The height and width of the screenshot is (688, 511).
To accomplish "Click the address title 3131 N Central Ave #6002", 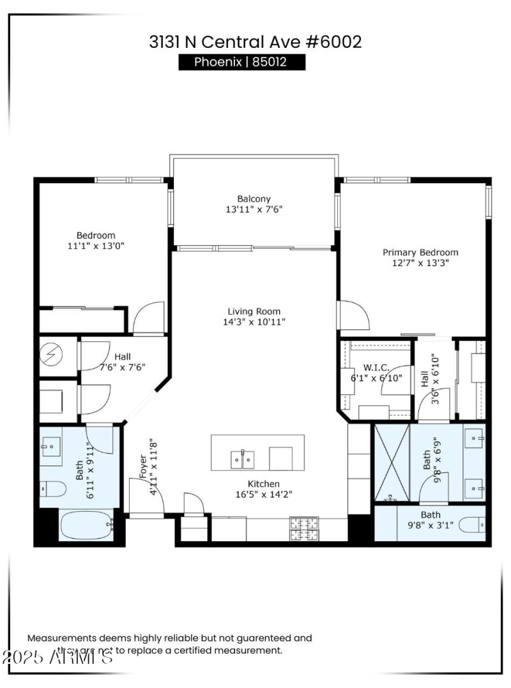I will pyautogui.click(x=255, y=42).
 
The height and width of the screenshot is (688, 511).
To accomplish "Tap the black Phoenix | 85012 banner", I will pyautogui.click(x=241, y=63).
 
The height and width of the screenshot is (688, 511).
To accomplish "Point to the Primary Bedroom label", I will pyautogui.click(x=420, y=252).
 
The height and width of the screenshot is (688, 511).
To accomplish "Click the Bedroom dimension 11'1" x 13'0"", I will pyautogui.click(x=96, y=246).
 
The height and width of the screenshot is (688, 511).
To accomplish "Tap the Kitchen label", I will pyautogui.click(x=264, y=484).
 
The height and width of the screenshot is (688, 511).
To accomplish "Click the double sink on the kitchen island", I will pyautogui.click(x=242, y=458).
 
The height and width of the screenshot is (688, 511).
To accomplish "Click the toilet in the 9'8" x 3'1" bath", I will pyautogui.click(x=473, y=525).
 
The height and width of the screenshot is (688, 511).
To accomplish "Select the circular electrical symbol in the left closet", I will pyautogui.click(x=50, y=353).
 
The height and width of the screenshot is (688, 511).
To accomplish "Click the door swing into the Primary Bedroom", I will pyautogui.click(x=353, y=317).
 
